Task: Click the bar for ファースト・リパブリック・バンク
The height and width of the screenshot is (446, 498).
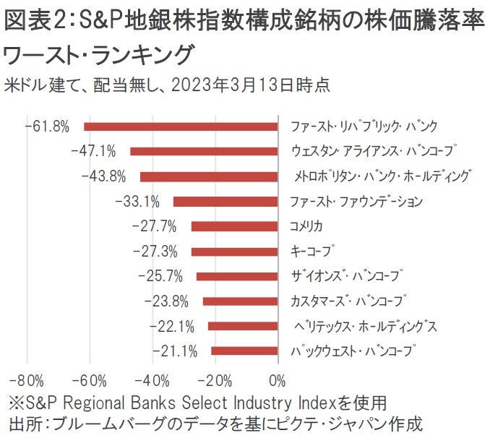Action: (181, 126)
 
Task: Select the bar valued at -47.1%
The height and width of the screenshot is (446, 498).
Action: (204, 152)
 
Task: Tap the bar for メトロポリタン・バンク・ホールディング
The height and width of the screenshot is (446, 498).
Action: (209, 176)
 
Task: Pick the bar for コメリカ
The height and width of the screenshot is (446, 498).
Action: (234, 226)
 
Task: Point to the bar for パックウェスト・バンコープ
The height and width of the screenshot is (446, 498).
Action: (244, 351)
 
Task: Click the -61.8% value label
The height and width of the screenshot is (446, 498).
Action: (47, 126)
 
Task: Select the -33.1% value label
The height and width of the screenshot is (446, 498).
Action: (137, 202)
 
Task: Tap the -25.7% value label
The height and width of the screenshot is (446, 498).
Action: (160, 276)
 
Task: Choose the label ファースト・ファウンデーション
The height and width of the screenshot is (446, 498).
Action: (356, 202)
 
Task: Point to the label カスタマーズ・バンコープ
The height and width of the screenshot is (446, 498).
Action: (347, 301)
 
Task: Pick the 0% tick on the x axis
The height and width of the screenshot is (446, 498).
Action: (277, 381)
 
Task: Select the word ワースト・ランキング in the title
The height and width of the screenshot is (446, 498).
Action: (99, 54)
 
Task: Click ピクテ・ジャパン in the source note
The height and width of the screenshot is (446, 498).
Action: (330, 424)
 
